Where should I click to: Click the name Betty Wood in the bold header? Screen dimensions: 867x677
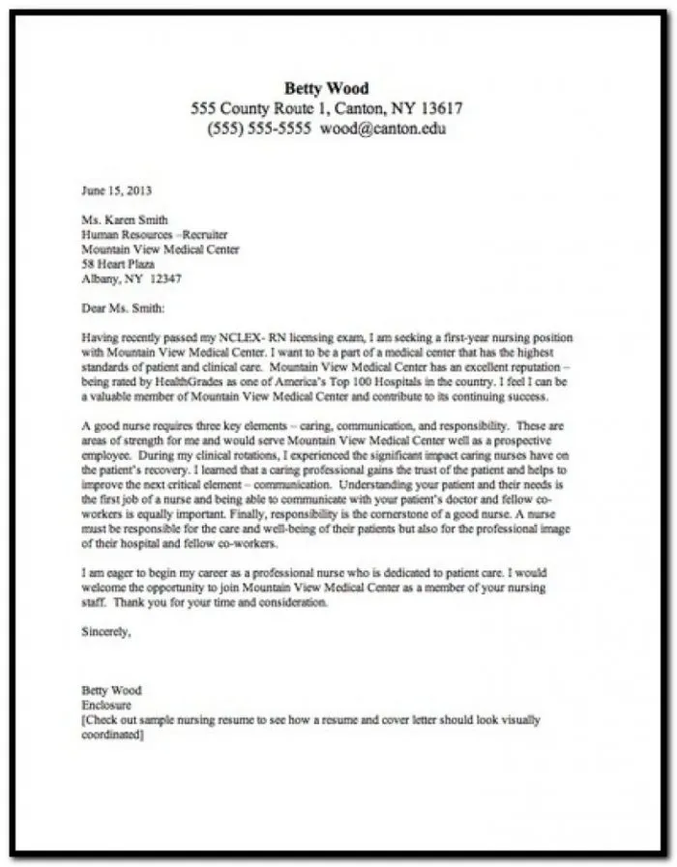click(326, 89)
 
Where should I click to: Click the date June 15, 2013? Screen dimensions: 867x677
click(116, 191)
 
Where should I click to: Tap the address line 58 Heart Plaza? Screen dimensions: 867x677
click(118, 264)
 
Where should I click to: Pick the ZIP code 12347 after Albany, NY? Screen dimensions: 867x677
click(164, 278)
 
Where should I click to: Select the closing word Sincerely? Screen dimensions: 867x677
click(105, 633)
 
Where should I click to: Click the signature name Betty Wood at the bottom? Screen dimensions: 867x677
click(111, 690)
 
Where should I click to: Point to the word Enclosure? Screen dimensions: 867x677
click(107, 706)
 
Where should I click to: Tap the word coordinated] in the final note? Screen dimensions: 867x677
click(113, 735)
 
